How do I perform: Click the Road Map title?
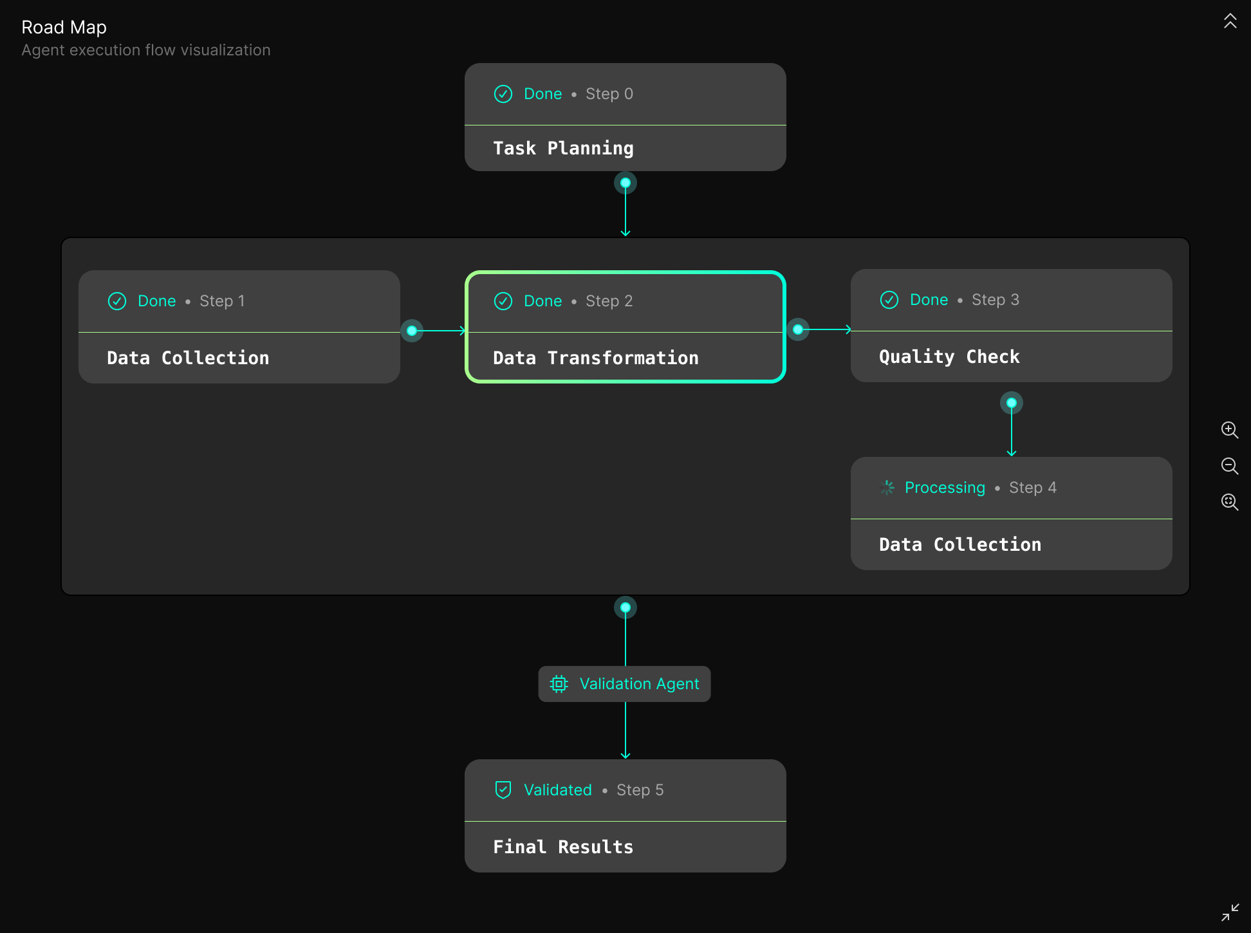tap(64, 27)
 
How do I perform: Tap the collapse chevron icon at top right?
tap(1230, 21)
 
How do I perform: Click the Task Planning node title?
tap(563, 148)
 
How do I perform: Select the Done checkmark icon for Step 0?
tap(503, 94)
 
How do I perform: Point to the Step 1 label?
tap(222, 301)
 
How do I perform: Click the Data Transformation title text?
tap(595, 358)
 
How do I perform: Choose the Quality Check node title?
tap(949, 356)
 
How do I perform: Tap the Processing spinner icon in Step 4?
tap(887, 488)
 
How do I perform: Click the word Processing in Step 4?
tap(945, 488)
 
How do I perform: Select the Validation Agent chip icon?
tap(559, 684)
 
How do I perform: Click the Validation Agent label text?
tap(639, 684)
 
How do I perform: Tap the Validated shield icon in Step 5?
tap(503, 790)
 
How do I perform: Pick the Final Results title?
tap(563, 847)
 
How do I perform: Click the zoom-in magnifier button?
tap(1230, 430)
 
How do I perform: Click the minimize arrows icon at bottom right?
tap(1230, 912)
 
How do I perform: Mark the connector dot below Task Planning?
tap(625, 183)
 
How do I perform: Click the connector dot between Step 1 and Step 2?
tap(412, 331)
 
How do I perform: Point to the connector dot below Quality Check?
tap(1012, 403)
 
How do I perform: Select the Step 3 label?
tap(995, 300)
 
